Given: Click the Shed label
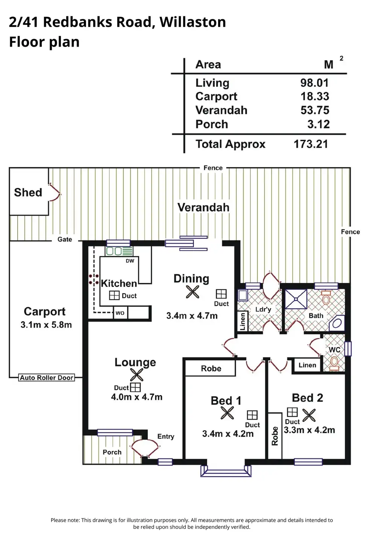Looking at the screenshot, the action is (28, 192).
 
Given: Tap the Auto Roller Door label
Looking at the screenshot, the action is (46, 378).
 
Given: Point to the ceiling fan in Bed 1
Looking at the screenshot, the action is (227, 413).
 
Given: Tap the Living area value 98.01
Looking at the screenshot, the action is (315, 83).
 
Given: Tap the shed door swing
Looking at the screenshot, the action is (55, 192).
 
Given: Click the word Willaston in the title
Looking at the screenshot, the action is (193, 22).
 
